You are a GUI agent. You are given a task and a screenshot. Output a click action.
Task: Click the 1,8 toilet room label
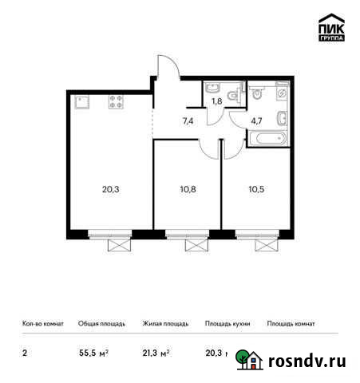[216, 101]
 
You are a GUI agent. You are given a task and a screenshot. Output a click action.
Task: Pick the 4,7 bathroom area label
[257, 122]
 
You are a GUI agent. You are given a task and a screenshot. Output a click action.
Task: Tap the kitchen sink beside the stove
[82, 101]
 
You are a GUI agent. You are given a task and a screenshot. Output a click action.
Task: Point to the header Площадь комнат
[291, 325]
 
